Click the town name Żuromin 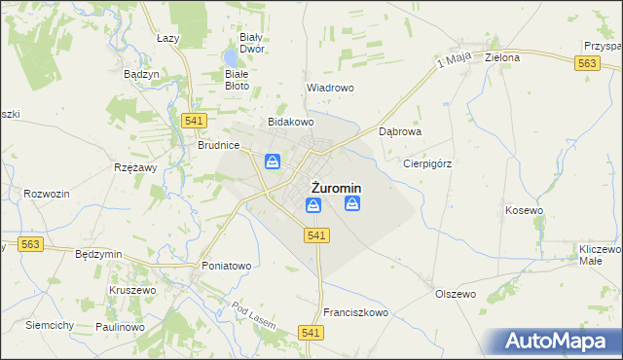(336, 188)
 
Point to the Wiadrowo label (330, 88)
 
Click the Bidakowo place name (291, 123)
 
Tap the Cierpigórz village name (428, 163)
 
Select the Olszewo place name (455, 293)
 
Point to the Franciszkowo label (355, 312)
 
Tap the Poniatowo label (227, 266)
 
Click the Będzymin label (98, 254)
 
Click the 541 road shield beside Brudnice (192, 119)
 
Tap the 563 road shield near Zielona (586, 62)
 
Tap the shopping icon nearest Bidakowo (274, 162)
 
